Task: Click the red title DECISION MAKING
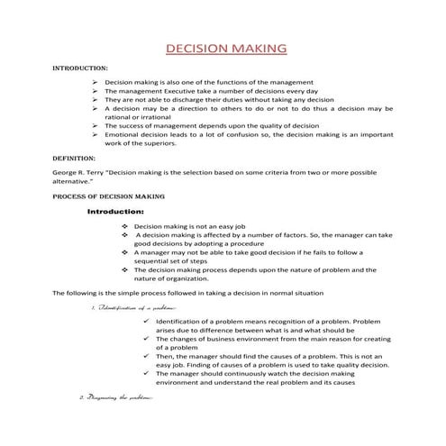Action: [226, 47]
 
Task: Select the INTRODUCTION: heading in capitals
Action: [80, 68]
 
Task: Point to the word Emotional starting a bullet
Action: [123, 134]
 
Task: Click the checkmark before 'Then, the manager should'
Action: [146, 356]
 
